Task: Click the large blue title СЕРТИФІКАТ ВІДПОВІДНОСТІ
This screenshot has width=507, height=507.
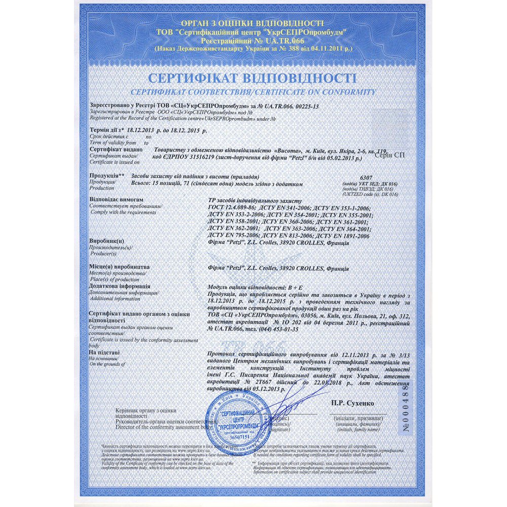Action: pos(252,79)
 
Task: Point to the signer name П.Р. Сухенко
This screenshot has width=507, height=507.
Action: pos(352,403)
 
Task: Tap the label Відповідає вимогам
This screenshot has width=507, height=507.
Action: pos(113,200)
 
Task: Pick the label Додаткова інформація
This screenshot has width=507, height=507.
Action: pos(121,286)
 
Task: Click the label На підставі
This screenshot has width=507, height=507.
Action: pos(104,352)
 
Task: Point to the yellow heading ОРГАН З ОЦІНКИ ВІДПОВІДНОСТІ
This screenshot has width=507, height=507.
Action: pos(252,23)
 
